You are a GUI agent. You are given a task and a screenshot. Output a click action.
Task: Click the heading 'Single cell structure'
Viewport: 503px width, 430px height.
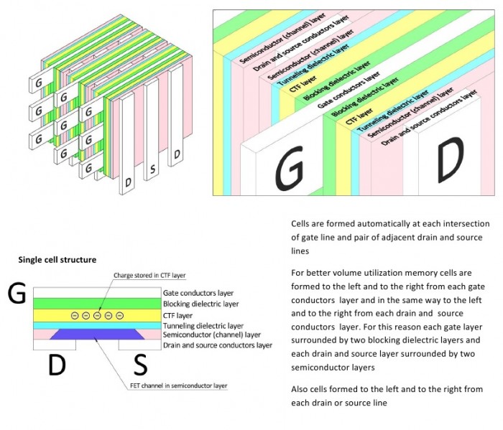pos(57,260)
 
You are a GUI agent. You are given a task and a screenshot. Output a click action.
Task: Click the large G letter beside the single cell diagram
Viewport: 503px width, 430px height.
pos(17,293)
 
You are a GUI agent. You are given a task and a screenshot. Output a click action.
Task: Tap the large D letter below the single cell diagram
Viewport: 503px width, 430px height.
pos(57,365)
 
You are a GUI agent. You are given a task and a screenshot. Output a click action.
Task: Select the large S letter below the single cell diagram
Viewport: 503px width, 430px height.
pos(141,365)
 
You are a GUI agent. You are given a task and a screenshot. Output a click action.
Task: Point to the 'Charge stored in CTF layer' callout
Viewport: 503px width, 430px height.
pos(149,275)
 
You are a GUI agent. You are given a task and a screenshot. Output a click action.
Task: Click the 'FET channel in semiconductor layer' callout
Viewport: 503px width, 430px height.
pos(179,385)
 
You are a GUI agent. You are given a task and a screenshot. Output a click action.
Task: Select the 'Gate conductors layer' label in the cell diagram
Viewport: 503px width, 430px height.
pos(198,293)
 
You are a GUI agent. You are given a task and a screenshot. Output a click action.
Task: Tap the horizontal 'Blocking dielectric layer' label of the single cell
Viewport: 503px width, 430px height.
pos(200,304)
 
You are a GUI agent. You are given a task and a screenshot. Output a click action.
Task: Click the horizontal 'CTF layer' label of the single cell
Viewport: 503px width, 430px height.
pos(177,316)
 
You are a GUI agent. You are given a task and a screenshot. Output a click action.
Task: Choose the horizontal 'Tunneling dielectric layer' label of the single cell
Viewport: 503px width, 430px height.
pos(203,326)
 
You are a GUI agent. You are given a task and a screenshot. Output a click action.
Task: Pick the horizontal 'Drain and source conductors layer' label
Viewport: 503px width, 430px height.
pos(218,345)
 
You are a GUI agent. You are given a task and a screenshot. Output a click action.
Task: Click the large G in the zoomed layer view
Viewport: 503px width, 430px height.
pos(290,167)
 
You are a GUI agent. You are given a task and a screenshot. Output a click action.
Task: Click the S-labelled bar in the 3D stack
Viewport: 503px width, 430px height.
pos(152,129)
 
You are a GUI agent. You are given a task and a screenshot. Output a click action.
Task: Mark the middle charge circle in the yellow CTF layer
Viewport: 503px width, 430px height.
pos(97,316)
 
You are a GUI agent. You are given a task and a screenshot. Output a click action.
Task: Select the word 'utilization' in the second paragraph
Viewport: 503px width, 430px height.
pos(387,273)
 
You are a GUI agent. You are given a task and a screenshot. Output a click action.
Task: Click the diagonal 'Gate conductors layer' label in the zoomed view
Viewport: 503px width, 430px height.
pos(349,90)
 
